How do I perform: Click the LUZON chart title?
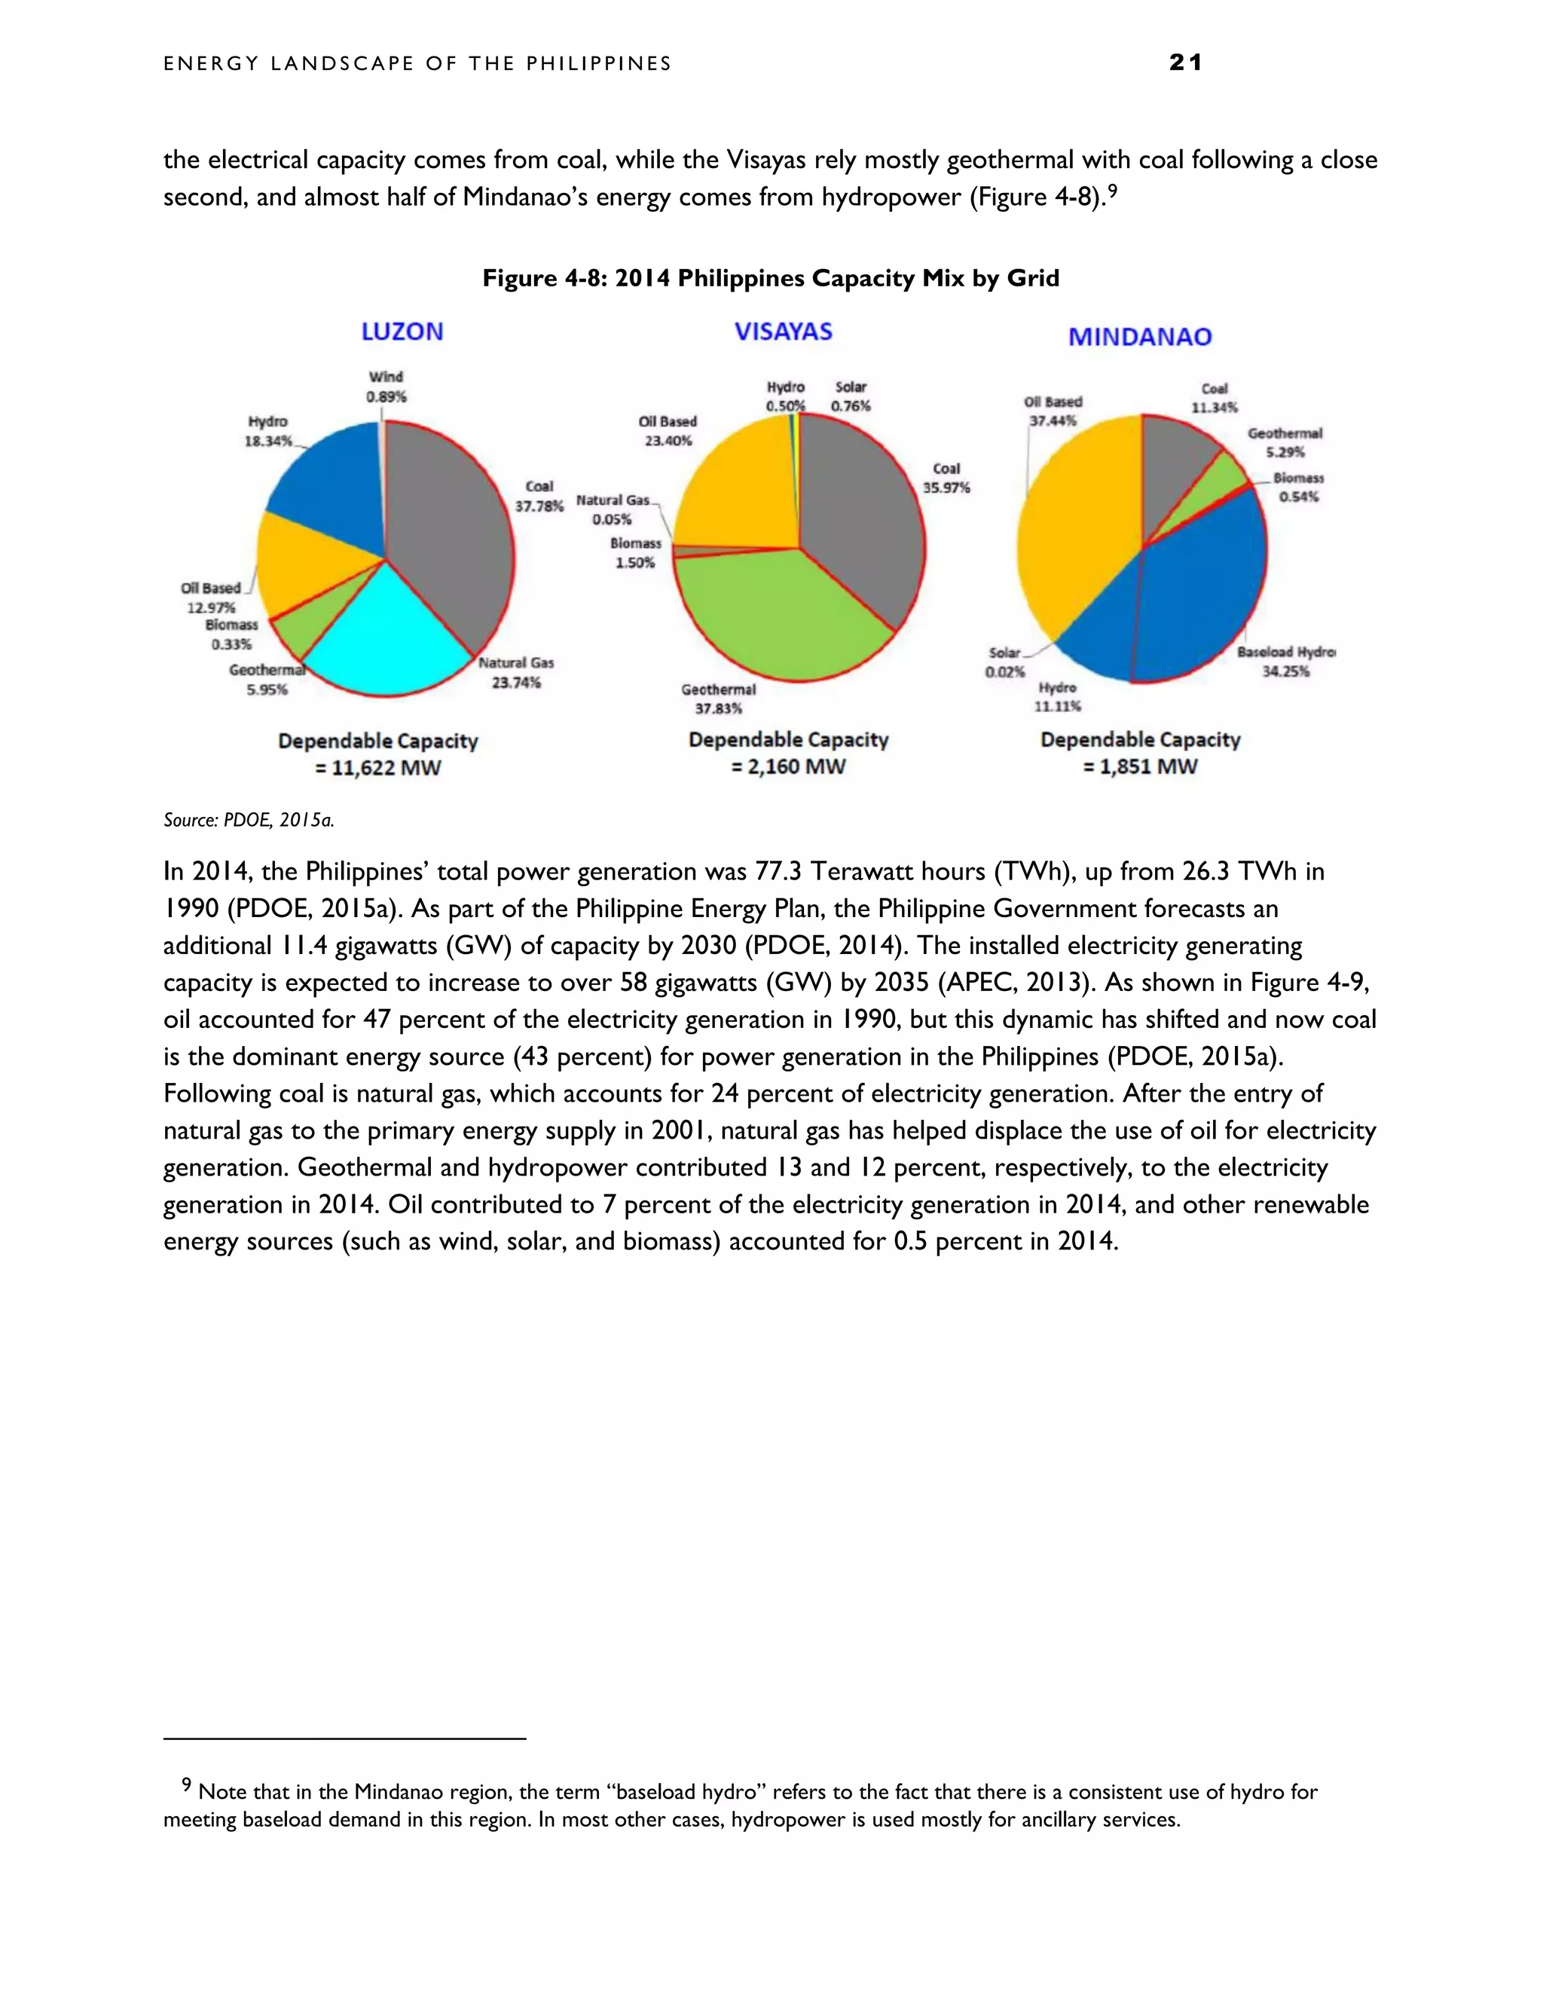[402, 331]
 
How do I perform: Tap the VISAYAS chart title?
[784, 331]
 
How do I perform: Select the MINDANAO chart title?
[1140, 337]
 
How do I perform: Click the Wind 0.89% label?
[386, 387]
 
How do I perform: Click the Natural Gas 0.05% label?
[613, 510]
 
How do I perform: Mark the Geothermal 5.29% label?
[1285, 442]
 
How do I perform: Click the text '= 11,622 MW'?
[377, 768]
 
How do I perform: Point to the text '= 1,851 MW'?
[1140, 767]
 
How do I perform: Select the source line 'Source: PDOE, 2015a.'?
[249, 820]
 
